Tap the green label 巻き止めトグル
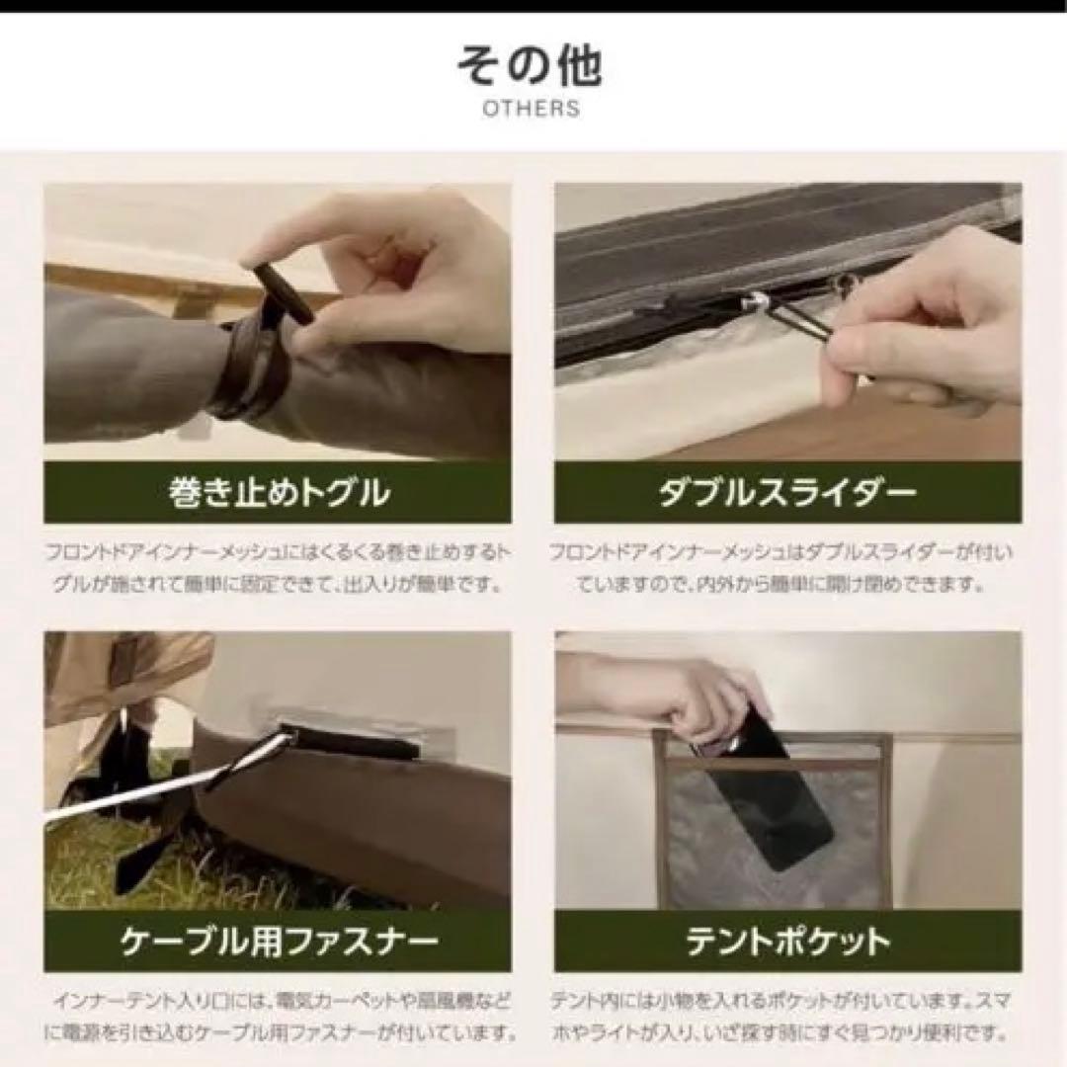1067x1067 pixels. [x=277, y=492]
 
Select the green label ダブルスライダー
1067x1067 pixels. [x=787, y=492]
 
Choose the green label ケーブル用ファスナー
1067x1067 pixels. [x=277, y=941]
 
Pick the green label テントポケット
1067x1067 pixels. [x=787, y=941]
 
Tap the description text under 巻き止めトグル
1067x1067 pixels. [x=277, y=567]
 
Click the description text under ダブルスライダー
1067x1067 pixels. [x=787, y=567]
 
